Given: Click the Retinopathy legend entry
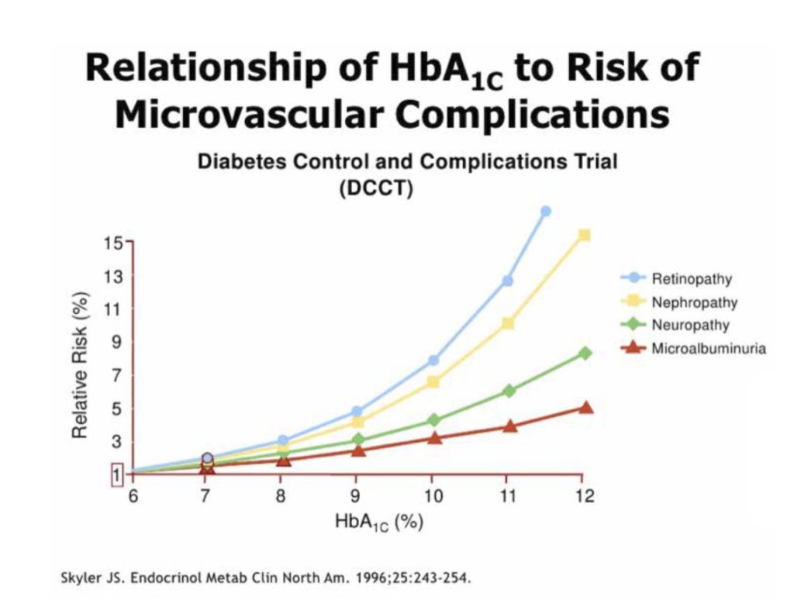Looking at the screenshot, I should pyautogui.click(x=690, y=278).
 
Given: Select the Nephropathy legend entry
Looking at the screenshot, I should pyautogui.click(x=693, y=302).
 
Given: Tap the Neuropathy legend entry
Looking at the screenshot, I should pyautogui.click(x=690, y=325).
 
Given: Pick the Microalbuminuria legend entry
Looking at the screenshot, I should pyautogui.click(x=708, y=348).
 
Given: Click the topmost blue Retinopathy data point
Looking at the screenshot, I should pyautogui.click(x=545, y=211).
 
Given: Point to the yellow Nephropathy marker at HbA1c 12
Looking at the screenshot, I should pyautogui.click(x=585, y=235).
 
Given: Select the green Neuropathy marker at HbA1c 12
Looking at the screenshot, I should pyautogui.click(x=585, y=353).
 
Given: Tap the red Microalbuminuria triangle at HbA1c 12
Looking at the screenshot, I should pyautogui.click(x=585, y=407).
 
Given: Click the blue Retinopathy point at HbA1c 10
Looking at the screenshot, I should pyautogui.click(x=433, y=360).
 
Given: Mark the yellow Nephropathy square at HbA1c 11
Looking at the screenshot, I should pyautogui.click(x=508, y=323).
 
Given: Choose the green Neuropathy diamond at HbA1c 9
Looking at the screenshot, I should pyautogui.click(x=357, y=440).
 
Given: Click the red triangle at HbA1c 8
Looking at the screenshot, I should pyautogui.click(x=283, y=460).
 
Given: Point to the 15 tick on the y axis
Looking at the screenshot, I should pyautogui.click(x=113, y=243).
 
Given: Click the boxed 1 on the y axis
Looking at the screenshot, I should pyautogui.click(x=116, y=474).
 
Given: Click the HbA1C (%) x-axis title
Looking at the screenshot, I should pyautogui.click(x=378, y=522).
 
